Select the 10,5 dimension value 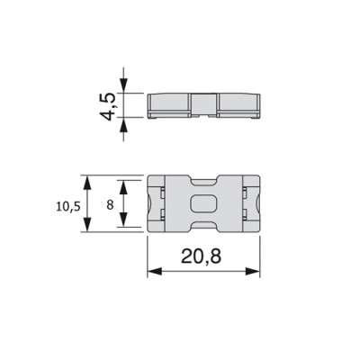pos(67,205)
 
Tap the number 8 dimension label pos(110,205)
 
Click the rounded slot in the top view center pos(203,203)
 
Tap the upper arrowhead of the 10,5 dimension pos(87,181)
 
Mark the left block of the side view pos(169,104)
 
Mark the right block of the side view pos(238,104)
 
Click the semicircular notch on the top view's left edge pos(148,203)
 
